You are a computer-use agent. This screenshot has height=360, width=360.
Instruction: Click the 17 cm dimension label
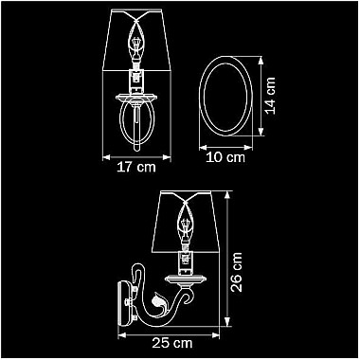click(136, 168)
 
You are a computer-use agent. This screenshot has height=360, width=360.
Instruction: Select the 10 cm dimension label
click(225, 157)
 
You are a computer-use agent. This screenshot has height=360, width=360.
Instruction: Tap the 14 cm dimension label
click(270, 96)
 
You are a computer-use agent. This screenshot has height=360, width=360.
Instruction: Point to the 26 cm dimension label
click(236, 272)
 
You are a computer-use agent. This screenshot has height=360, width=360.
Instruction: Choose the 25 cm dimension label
click(172, 343)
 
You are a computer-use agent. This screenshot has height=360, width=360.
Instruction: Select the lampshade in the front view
click(137, 40)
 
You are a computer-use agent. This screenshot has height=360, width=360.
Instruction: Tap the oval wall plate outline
click(199, 96)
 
